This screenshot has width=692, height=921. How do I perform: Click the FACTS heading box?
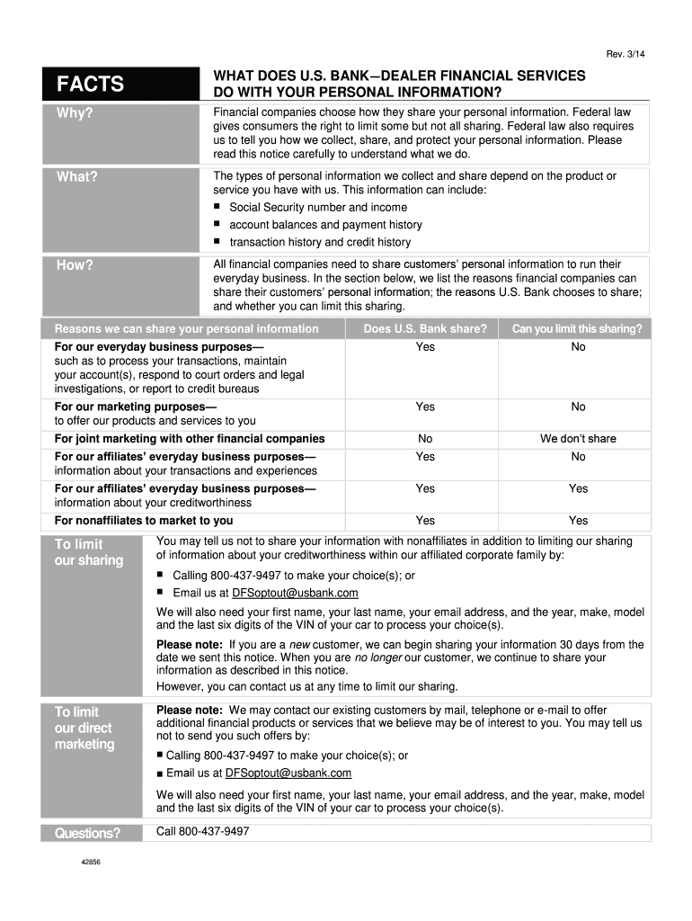point(119,85)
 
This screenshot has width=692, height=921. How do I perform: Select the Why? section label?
point(75,113)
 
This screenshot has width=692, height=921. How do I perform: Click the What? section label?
point(76,176)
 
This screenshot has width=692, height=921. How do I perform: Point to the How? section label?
point(75,264)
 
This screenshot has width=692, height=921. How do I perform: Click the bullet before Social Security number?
point(217,207)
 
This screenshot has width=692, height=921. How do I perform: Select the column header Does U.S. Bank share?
point(425,329)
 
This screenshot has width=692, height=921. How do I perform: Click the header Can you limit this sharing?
point(577,329)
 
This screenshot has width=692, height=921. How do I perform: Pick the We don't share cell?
point(578,439)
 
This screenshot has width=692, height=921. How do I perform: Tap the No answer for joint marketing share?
point(425,439)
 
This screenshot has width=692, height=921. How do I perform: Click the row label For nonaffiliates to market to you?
point(144,521)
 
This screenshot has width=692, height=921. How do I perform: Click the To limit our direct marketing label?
point(84,728)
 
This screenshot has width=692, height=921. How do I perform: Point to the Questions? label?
point(87,833)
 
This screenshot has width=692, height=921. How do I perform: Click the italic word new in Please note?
point(300,645)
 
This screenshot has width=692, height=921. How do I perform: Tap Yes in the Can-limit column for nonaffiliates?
point(578,521)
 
